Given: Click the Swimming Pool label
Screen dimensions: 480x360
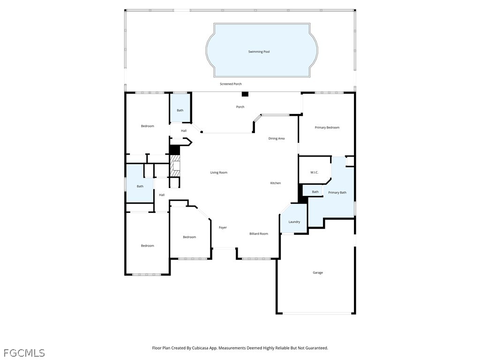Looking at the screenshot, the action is (x=259, y=52).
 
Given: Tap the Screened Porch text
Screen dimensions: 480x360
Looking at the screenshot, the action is (x=231, y=84).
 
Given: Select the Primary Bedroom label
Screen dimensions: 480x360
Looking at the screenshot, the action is (x=327, y=127).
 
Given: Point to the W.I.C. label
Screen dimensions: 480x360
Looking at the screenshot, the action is (x=315, y=172).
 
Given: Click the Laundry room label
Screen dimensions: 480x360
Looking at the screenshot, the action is (x=294, y=222).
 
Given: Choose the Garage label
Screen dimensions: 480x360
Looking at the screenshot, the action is (x=318, y=272).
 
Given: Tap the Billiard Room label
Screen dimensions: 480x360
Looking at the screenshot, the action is (x=259, y=233).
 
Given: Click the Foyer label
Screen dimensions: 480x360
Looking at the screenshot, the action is (x=223, y=227).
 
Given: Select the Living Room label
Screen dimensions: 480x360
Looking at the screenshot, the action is (x=219, y=172).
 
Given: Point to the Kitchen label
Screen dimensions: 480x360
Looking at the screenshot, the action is (x=276, y=183).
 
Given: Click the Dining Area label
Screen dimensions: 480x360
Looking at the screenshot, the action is (x=277, y=139).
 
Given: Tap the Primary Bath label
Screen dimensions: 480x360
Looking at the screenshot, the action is (x=337, y=193).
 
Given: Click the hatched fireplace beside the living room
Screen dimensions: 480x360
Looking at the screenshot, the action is (x=175, y=165).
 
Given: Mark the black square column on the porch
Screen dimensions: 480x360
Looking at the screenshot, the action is (x=245, y=94).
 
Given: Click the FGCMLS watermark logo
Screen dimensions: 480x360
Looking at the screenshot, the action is (x=24, y=353).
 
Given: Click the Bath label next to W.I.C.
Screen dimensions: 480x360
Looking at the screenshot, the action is (x=315, y=192).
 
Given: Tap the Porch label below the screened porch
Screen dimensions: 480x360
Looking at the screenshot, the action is (x=240, y=107).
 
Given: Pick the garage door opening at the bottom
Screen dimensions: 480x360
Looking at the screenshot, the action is (x=317, y=313).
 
